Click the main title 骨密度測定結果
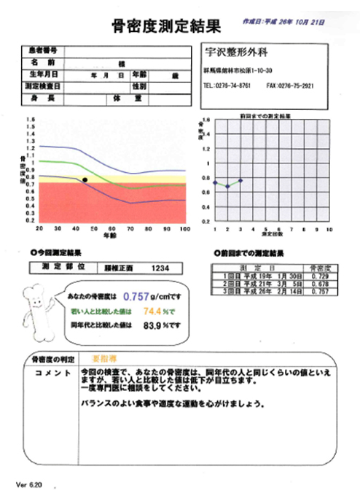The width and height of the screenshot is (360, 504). tap(166, 27)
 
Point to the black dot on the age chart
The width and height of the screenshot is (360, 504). tap(85, 179)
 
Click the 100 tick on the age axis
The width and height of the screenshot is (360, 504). tap(184, 228)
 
